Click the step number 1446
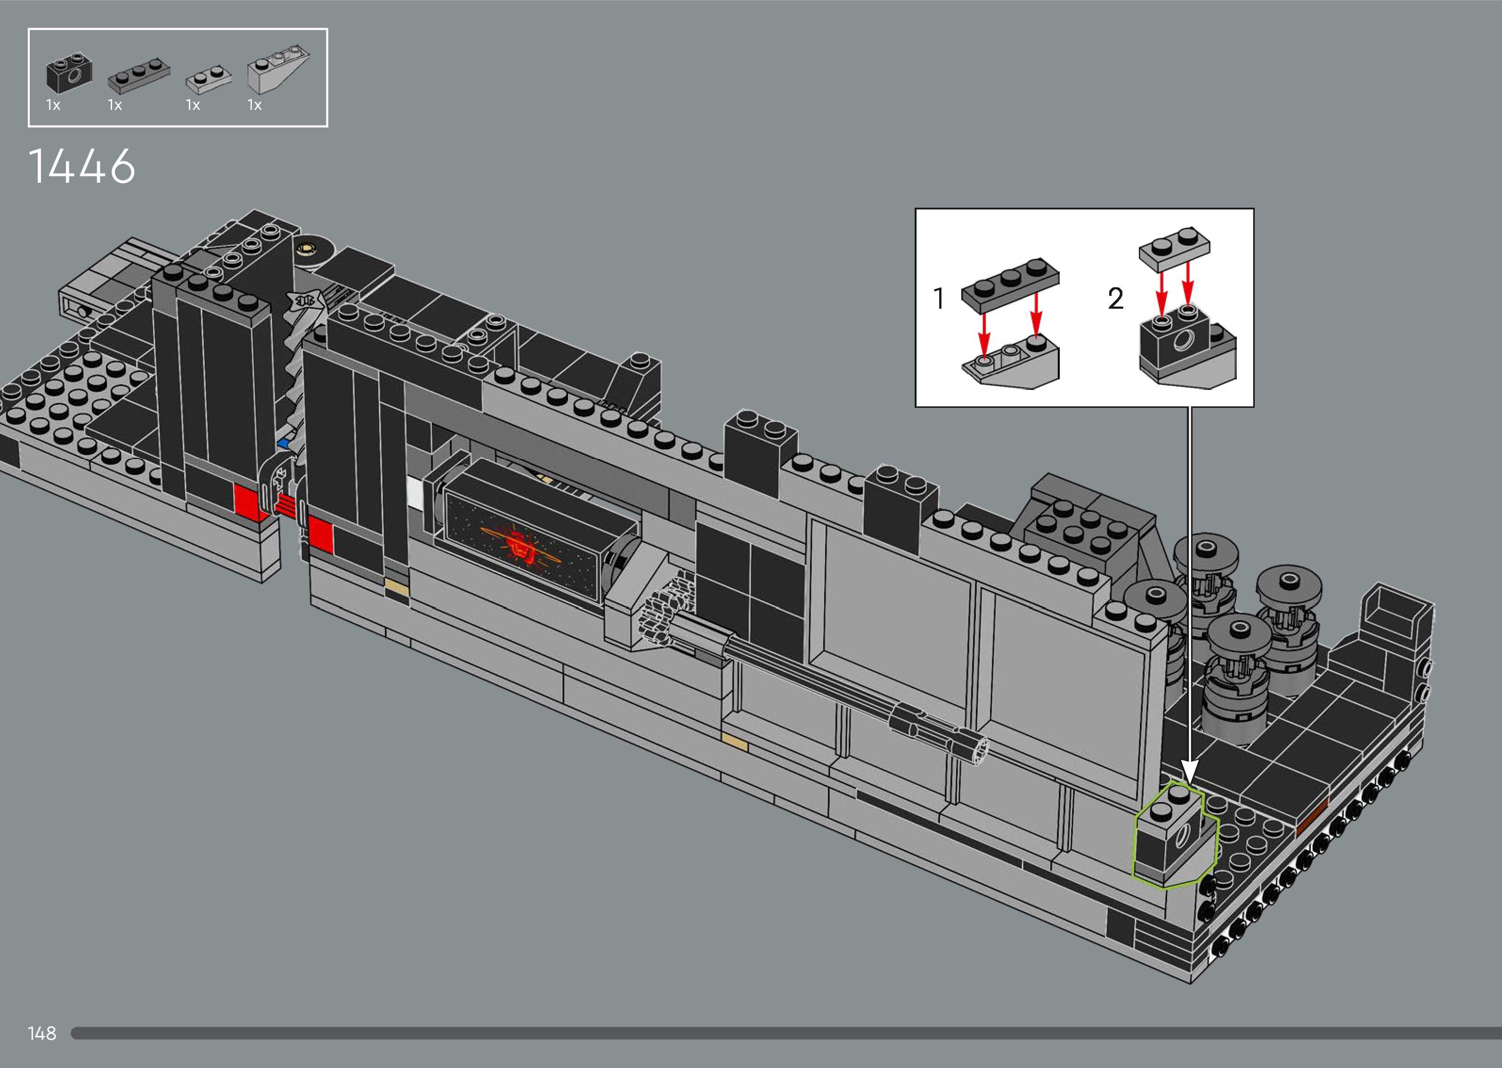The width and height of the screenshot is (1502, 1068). pyautogui.click(x=82, y=166)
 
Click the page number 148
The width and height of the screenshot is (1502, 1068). pyautogui.click(x=42, y=1033)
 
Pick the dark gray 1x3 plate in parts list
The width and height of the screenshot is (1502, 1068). pyautogui.click(x=138, y=75)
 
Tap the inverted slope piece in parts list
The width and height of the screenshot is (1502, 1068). pyautogui.click(x=277, y=70)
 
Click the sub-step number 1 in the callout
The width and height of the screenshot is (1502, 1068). pyautogui.click(x=939, y=299)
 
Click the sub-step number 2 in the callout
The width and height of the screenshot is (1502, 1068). pyautogui.click(x=1115, y=299)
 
